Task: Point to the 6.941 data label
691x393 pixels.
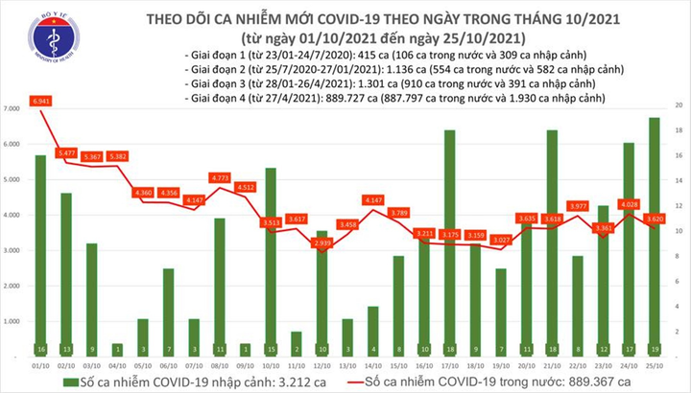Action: [41, 101]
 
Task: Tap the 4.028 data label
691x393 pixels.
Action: [629, 204]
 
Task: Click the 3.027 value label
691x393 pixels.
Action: [500, 240]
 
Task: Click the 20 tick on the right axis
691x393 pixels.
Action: [679, 104]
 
